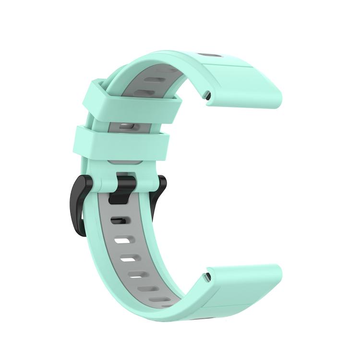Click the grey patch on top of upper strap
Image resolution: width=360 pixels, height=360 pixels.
[210, 55]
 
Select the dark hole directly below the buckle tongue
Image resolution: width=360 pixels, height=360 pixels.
[118, 221]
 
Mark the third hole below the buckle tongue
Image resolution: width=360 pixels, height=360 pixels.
[128, 259]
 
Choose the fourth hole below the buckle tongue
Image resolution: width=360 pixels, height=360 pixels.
[136, 276]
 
